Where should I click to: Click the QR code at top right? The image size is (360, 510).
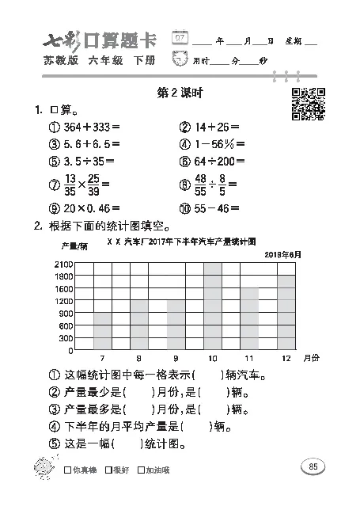click(x=308, y=104)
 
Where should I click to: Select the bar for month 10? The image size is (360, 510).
click(x=213, y=306)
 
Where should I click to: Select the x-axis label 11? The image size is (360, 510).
click(x=249, y=358)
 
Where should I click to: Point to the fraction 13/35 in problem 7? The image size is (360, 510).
click(x=70, y=185)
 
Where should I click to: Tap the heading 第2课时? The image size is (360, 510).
click(x=181, y=93)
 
